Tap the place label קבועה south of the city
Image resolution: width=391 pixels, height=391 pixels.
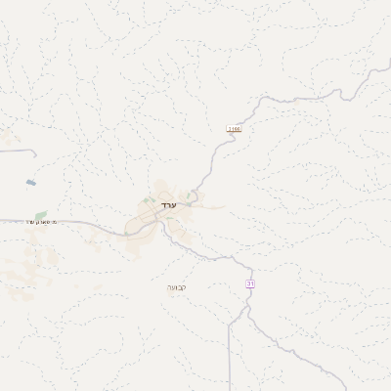pyautogui.click(x=176, y=287)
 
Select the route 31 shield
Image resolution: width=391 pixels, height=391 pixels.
pyautogui.click(x=249, y=282)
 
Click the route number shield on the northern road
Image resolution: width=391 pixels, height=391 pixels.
pyautogui.click(x=234, y=128)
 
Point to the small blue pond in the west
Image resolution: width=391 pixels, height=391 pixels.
pyautogui.click(x=31, y=183)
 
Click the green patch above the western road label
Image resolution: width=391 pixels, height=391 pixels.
pyautogui.click(x=40, y=214)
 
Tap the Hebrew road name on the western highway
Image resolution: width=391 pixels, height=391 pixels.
pyautogui.click(x=42, y=222)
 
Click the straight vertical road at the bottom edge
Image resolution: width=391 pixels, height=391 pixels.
pyautogui.click(x=229, y=362)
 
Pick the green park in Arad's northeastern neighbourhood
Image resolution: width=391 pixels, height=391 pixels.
pyautogui.click(x=189, y=196)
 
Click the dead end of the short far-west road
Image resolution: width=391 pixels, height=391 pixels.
pyautogui.click(x=36, y=153)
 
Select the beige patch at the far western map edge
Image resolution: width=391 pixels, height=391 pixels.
pyautogui.click(x=5, y=142)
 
